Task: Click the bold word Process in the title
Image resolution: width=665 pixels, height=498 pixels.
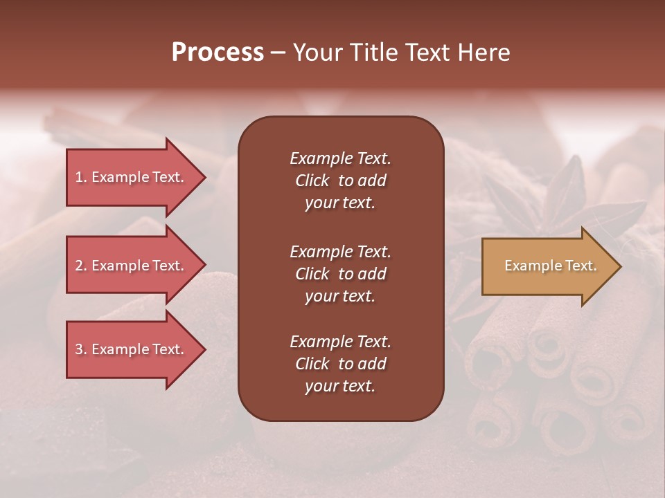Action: click(218, 53)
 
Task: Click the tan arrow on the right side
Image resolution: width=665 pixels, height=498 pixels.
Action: click(547, 266)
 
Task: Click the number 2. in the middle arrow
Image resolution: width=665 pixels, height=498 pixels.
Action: click(81, 266)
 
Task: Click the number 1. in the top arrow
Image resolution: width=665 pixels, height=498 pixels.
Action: click(81, 177)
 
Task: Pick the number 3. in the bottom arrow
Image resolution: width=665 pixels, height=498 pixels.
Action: click(81, 349)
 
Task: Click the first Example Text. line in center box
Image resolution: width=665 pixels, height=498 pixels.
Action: click(340, 158)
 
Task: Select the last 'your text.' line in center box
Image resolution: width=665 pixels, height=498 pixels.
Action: click(340, 386)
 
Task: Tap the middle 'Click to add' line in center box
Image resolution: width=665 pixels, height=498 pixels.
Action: click(340, 274)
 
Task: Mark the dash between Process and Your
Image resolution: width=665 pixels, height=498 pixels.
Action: click(278, 53)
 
